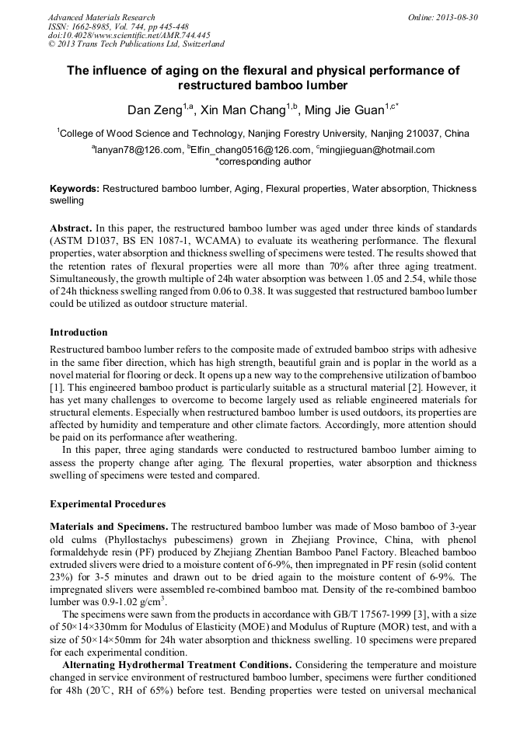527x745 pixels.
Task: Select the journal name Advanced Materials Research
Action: click(x=101, y=17)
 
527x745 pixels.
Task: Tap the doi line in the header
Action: click(x=129, y=35)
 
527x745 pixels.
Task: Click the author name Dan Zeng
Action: click(x=155, y=110)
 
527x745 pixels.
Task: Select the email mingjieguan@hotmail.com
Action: click(x=376, y=150)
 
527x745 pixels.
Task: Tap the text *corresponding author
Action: click(x=263, y=162)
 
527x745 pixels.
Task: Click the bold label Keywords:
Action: click(x=75, y=189)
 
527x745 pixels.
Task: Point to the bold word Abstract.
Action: click(x=72, y=228)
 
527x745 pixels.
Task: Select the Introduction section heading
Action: click(x=79, y=332)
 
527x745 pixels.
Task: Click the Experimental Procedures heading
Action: click(x=107, y=503)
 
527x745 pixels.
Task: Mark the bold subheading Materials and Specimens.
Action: click(x=109, y=526)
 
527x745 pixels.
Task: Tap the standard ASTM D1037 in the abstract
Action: click(x=86, y=241)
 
